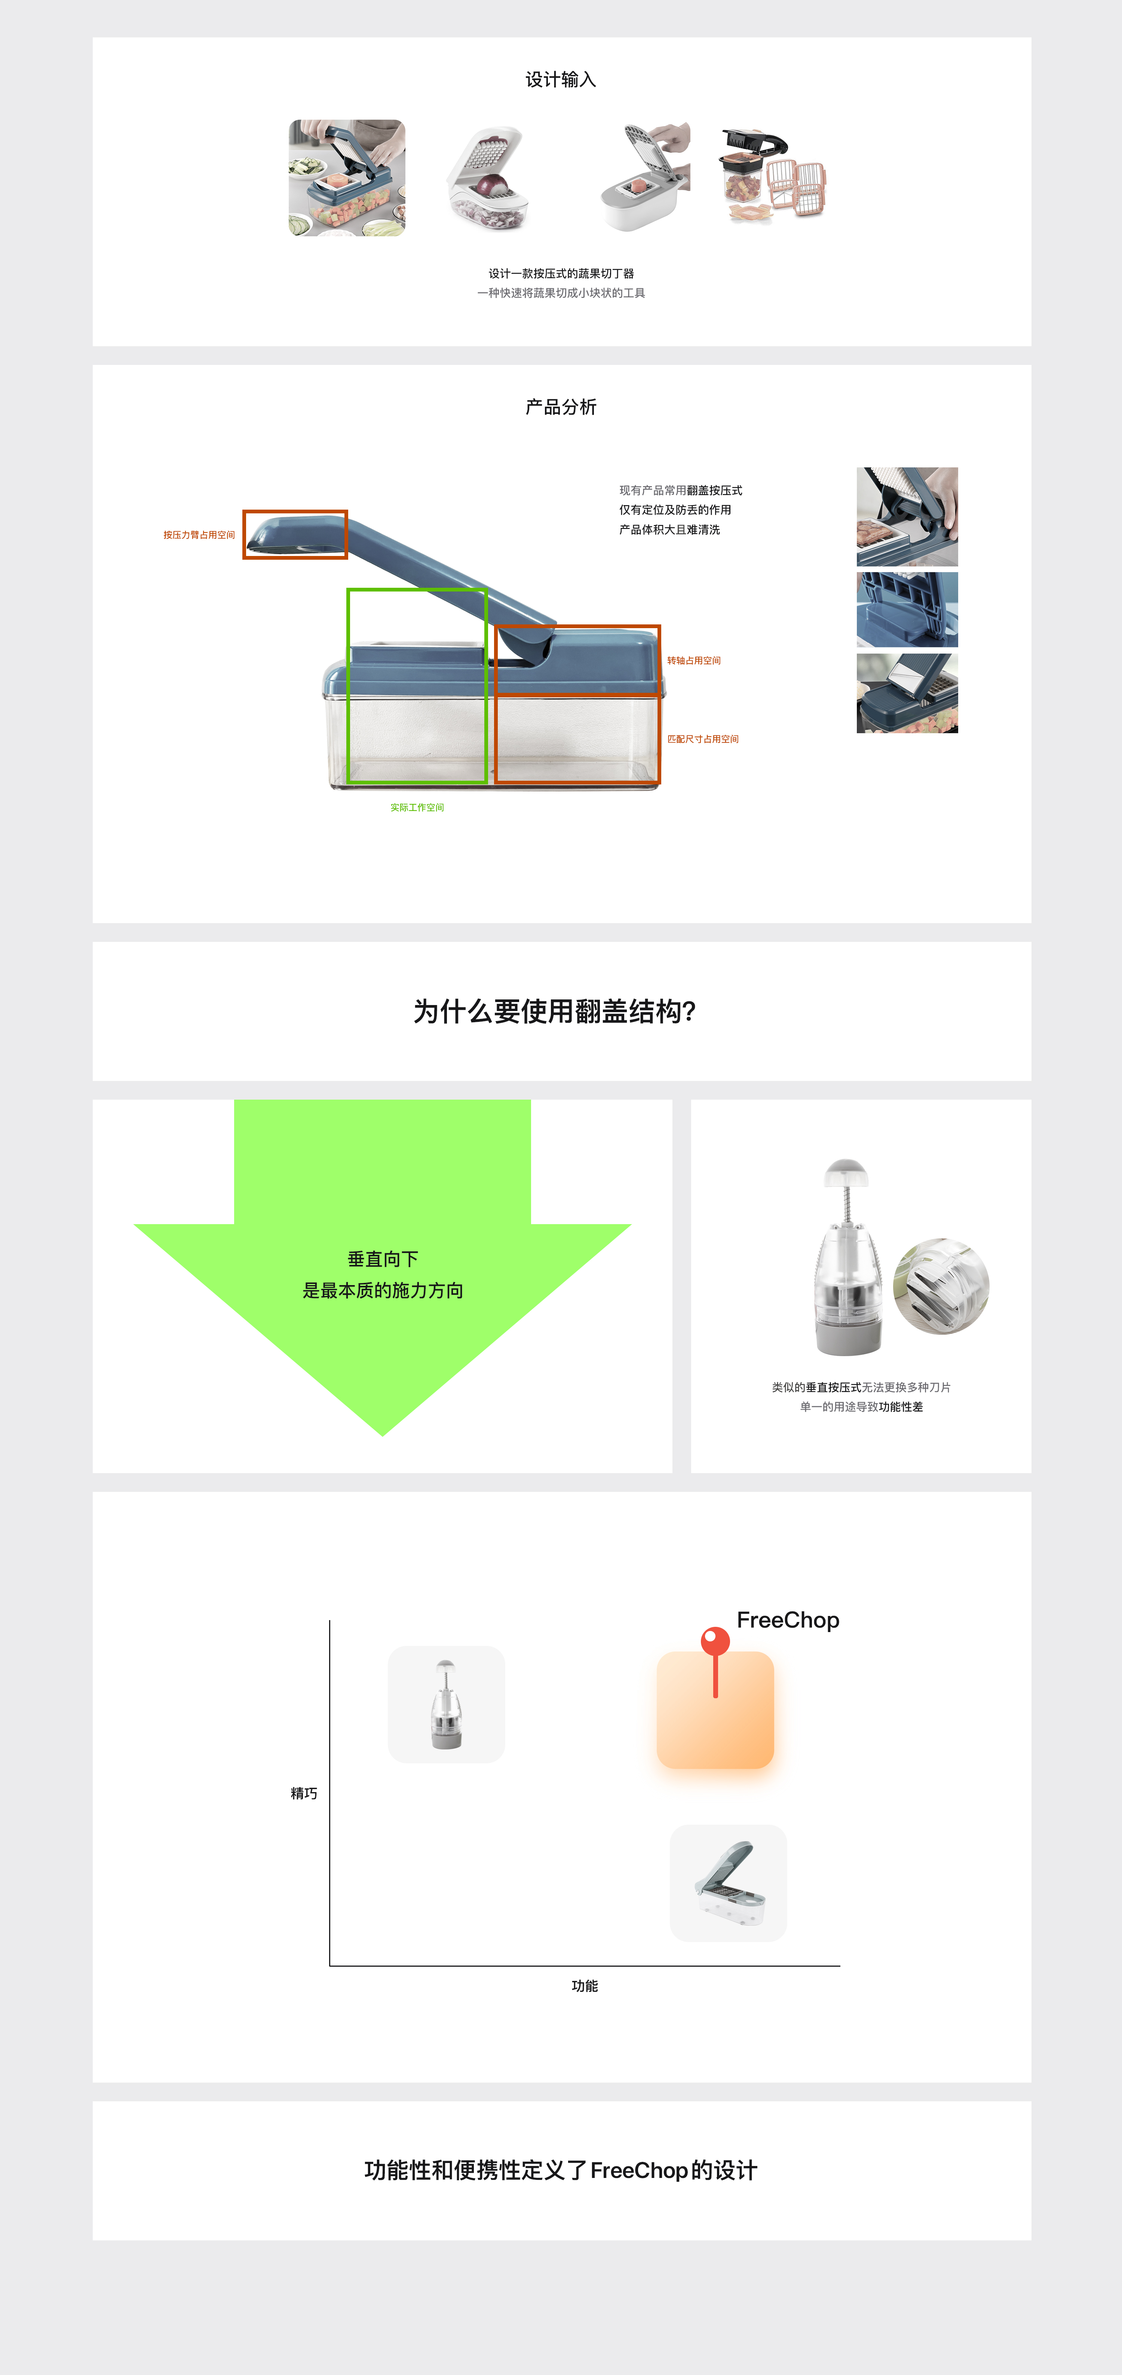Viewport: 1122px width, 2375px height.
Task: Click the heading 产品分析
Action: pos(561,406)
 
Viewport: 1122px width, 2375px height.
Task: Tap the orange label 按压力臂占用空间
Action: pos(199,535)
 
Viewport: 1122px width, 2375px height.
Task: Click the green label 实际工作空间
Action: pos(417,808)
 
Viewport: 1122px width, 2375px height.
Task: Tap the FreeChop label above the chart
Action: pos(787,1620)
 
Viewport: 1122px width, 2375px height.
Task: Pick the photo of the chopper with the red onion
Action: pos(488,177)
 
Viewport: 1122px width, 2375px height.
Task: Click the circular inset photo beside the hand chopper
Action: pos(941,1286)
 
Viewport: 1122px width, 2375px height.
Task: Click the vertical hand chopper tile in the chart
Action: pos(446,1704)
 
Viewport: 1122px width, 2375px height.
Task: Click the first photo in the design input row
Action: pos(347,177)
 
